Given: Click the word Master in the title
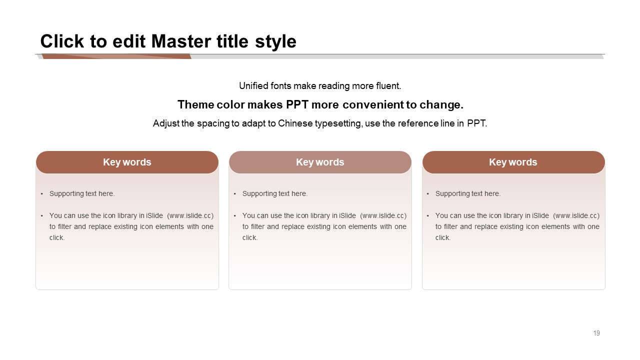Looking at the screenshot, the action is click(181, 41).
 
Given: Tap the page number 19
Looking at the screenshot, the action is click(596, 333).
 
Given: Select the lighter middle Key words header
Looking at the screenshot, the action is click(320, 162).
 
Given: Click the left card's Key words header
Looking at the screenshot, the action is click(127, 162).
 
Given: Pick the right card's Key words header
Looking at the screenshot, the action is click(513, 162).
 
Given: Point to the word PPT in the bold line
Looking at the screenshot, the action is click(297, 104).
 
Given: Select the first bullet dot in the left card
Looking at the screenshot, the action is click(41, 194).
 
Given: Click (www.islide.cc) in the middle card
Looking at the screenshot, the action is click(383, 215).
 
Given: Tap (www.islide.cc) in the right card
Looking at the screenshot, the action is click(576, 215).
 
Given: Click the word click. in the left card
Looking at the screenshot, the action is click(57, 237).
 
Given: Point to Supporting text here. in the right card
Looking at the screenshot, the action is click(467, 193).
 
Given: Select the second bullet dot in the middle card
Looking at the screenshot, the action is click(235, 216).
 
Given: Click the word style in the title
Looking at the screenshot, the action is click(275, 42).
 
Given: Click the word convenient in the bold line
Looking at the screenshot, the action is click(373, 104).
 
